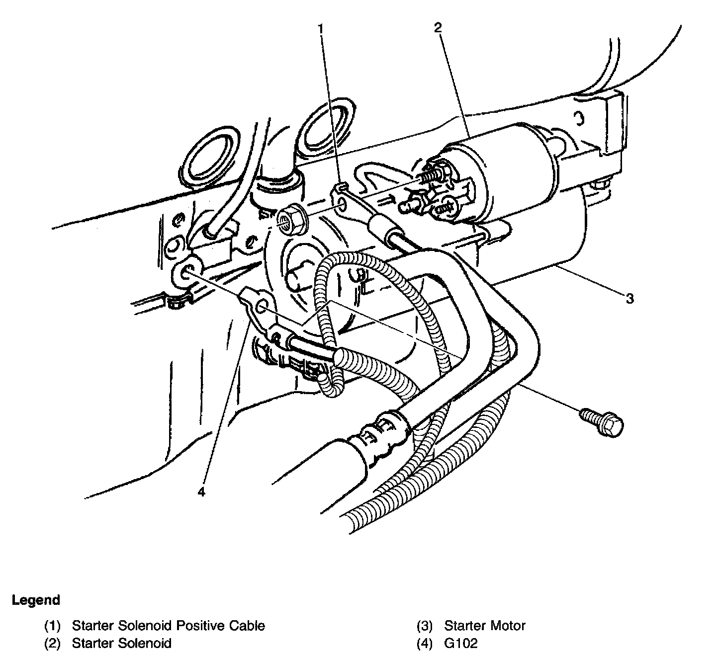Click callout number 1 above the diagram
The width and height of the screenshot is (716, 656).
click(321, 29)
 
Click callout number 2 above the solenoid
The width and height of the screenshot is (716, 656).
click(438, 28)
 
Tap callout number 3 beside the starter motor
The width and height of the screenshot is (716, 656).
click(629, 299)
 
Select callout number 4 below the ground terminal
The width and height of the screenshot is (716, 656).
click(201, 492)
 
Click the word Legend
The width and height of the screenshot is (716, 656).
click(36, 600)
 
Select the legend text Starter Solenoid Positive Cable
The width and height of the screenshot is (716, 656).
click(168, 625)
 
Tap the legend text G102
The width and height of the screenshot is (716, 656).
click(460, 643)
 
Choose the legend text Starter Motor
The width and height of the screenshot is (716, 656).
click(484, 625)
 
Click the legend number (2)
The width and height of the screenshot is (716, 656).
click(52, 643)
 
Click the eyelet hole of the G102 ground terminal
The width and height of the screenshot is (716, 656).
click(263, 306)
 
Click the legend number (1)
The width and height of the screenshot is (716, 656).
click(52, 625)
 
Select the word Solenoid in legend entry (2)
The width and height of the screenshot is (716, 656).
click(146, 643)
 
